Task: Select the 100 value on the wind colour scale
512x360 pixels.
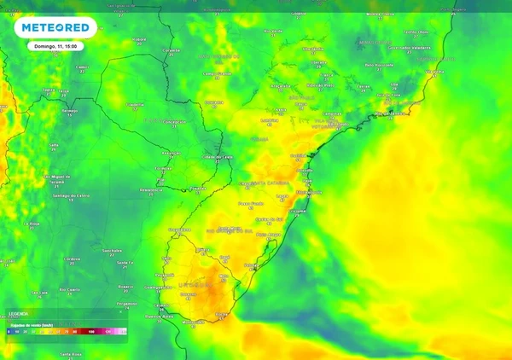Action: click(x=90, y=330)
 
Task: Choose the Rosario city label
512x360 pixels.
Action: click(x=125, y=287)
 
